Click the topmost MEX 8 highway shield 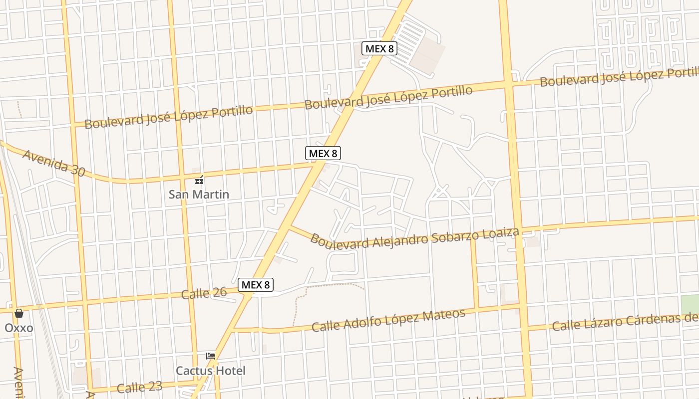pos(379,48)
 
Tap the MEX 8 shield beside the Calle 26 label pos(255,285)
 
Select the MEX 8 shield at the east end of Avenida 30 pos(323,153)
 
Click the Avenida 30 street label pos(53,163)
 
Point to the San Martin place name pos(199,195)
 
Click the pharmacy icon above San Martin pos(199,180)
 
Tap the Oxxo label pos(19,328)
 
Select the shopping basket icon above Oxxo pos(19,313)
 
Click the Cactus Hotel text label pos(210,371)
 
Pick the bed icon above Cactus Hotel pos(211,356)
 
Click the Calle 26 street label pos(204,293)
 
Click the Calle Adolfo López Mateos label pos(388,320)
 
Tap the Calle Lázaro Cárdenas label pos(624,320)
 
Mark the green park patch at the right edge pos(690,305)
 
